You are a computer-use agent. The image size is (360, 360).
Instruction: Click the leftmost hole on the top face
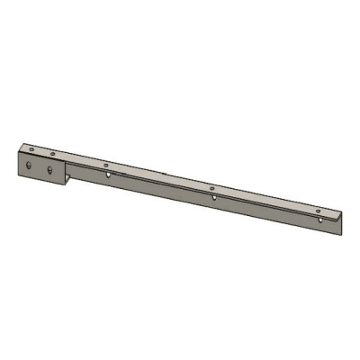point(31,148)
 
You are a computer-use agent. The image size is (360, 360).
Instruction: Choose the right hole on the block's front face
point(50,170)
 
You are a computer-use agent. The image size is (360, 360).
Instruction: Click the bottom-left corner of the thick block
point(18,175)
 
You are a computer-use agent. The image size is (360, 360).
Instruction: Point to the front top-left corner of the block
point(18,152)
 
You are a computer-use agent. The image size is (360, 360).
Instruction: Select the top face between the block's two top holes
point(42,151)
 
